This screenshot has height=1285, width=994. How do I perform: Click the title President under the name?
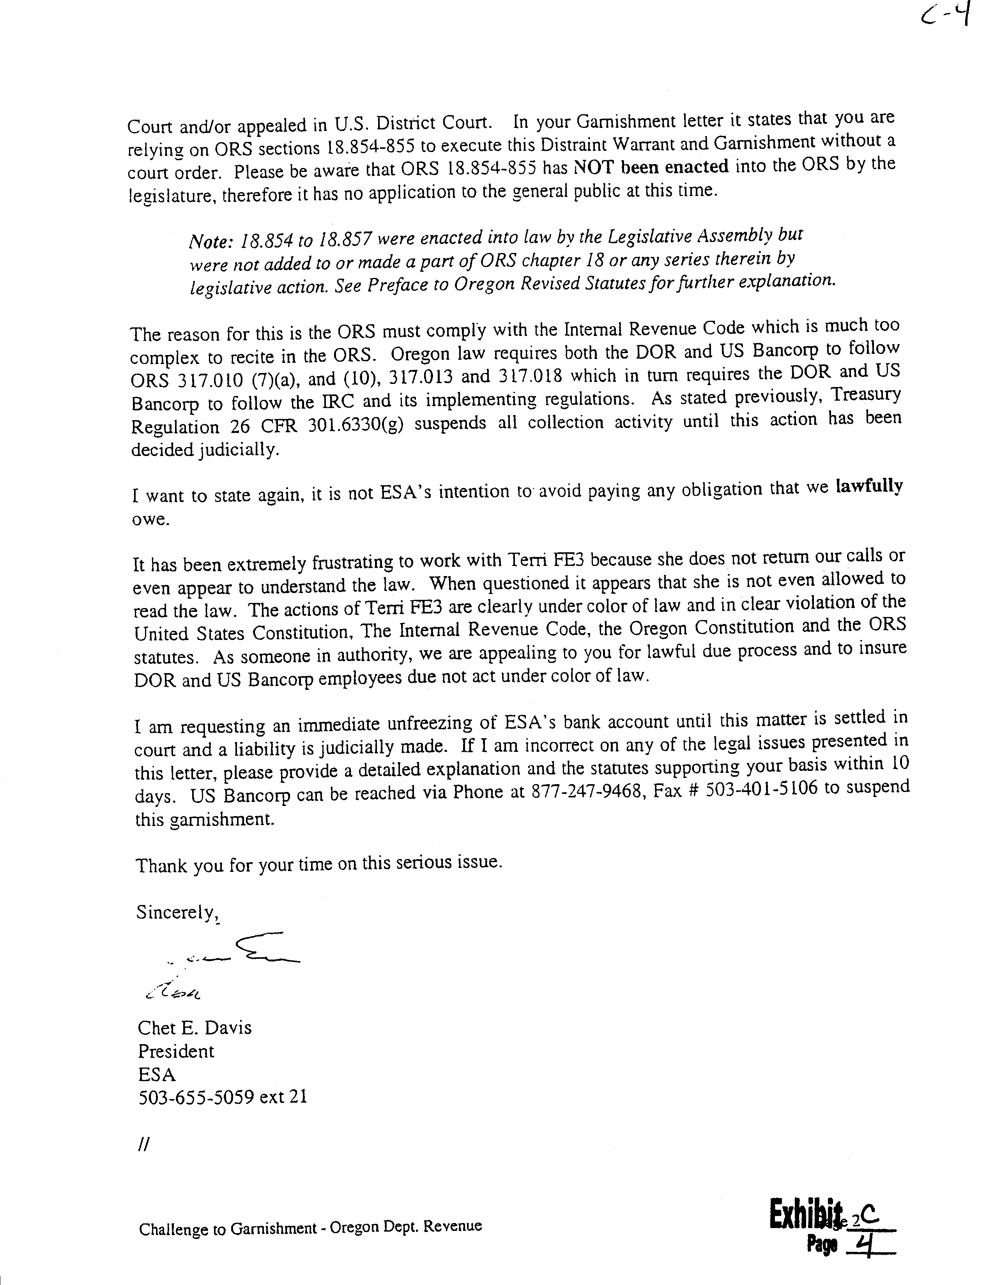point(176,1052)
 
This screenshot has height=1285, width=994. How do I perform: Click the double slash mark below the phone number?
point(143,1144)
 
